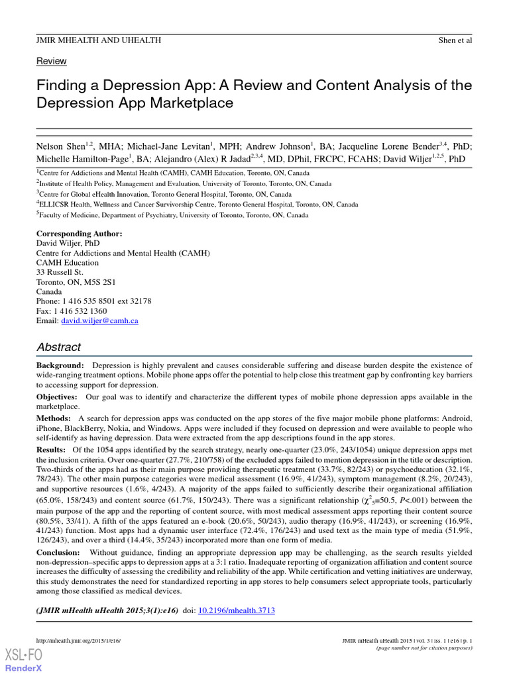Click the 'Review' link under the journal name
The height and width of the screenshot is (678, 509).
click(51, 62)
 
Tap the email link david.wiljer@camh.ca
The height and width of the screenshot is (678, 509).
click(99, 320)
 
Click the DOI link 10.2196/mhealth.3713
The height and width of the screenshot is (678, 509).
click(237, 611)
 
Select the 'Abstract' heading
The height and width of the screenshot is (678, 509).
click(58, 347)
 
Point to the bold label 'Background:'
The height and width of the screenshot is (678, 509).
click(60, 365)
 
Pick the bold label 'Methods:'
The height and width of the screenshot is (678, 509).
click(54, 418)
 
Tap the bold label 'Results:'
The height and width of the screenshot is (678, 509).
click(51, 450)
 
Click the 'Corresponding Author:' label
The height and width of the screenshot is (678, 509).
click(79, 234)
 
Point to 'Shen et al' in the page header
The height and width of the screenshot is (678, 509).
click(455, 40)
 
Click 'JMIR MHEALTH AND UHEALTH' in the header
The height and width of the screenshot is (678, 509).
click(98, 40)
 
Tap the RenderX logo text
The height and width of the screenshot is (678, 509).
click(24, 668)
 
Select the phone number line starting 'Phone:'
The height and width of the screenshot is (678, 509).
click(93, 301)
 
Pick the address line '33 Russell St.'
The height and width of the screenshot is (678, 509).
click(60, 272)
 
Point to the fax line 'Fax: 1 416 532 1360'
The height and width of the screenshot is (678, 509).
click(72, 311)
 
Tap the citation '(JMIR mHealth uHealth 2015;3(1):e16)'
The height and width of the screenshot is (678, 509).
click(107, 611)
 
